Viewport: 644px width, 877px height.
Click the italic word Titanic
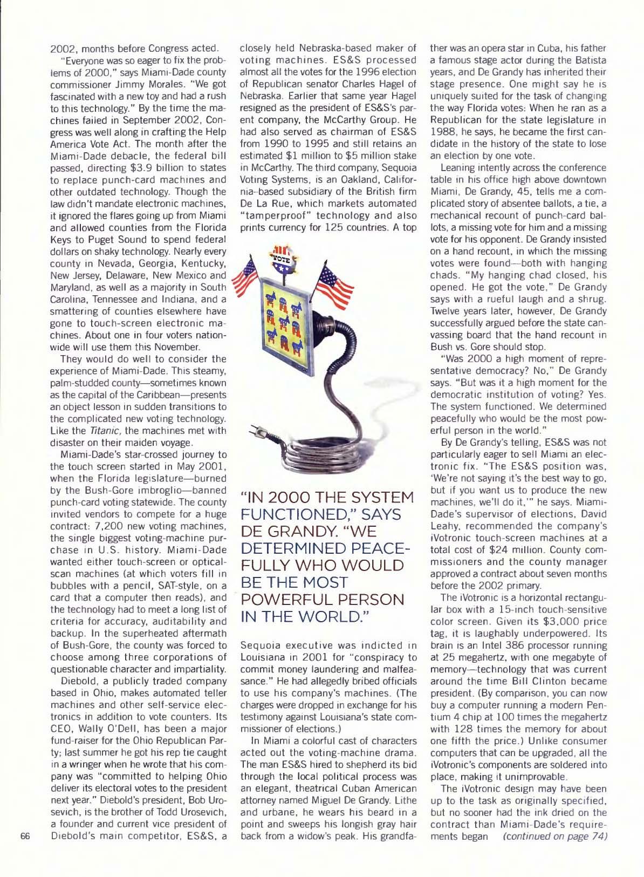point(101,430)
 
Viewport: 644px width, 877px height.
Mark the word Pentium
point(594,705)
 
